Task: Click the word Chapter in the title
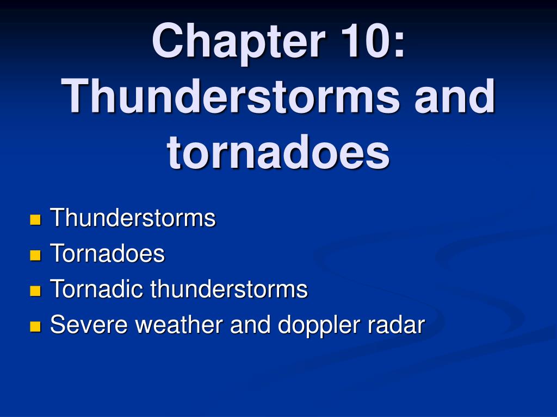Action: click(x=239, y=42)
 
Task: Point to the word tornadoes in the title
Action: click(x=278, y=152)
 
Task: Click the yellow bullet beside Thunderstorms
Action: click(x=35, y=219)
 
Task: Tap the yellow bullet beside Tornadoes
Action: click(x=35, y=255)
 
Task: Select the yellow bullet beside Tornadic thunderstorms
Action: click(x=35, y=291)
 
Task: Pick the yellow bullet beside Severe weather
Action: click(x=35, y=326)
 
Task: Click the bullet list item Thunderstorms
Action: click(x=133, y=217)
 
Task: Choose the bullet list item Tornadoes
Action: click(x=108, y=253)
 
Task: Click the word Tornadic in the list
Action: click(x=97, y=288)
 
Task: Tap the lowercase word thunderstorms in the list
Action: click(x=229, y=288)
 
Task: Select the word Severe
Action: click(x=89, y=324)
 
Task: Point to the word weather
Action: click(x=180, y=324)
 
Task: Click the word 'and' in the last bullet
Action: click(x=250, y=324)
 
